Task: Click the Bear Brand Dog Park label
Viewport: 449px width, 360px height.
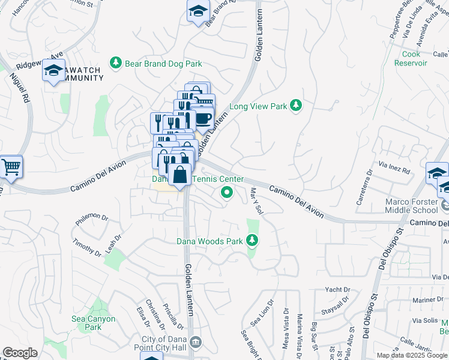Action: point(163,63)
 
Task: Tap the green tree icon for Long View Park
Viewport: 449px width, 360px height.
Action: point(295,106)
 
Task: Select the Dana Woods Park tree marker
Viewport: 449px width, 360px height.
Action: point(252,241)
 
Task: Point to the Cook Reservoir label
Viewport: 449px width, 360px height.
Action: point(411,58)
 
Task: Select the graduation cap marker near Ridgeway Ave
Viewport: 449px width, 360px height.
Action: point(53,71)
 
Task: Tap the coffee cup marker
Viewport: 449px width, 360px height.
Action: point(203,118)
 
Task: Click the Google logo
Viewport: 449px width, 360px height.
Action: point(20,352)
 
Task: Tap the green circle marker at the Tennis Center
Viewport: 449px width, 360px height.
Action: point(226,192)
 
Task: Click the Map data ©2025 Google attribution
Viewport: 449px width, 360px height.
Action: point(412,355)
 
